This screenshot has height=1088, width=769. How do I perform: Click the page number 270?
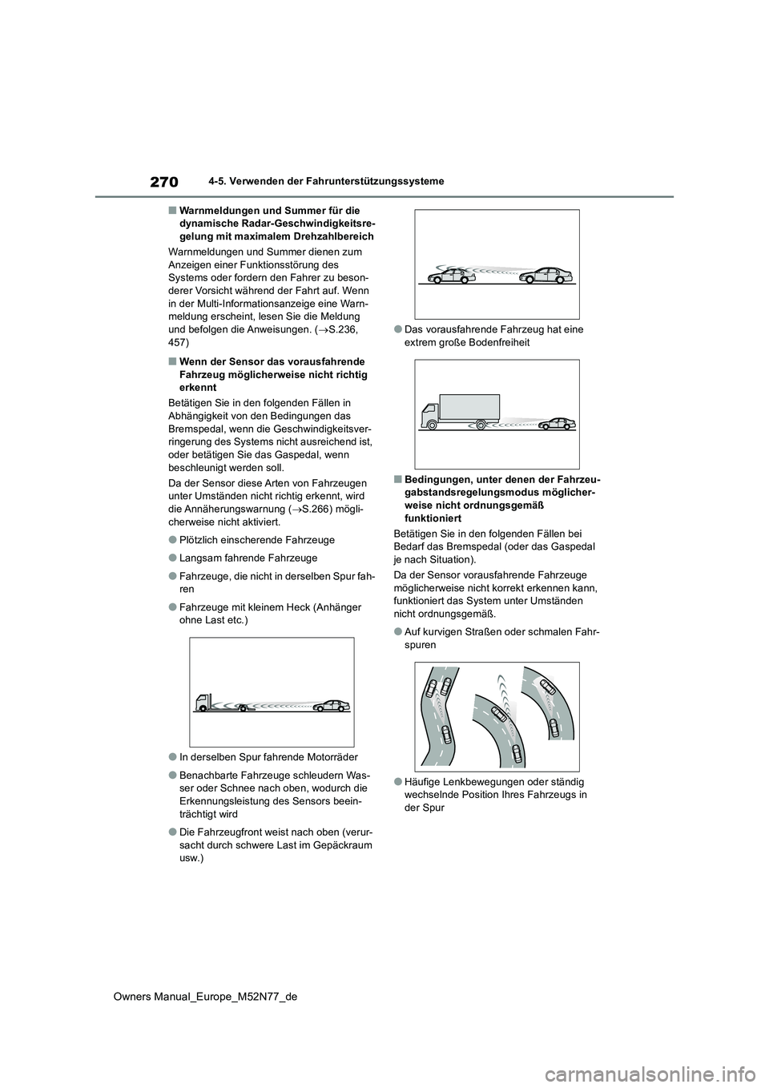pyautogui.click(x=163, y=183)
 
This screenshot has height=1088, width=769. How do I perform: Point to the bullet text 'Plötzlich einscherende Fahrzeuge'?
pyautogui.click(x=256, y=540)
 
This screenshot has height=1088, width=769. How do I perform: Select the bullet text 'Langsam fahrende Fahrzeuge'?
pyautogui.click(x=248, y=558)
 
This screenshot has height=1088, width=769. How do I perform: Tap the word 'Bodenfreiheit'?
pyautogui.click(x=496, y=342)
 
